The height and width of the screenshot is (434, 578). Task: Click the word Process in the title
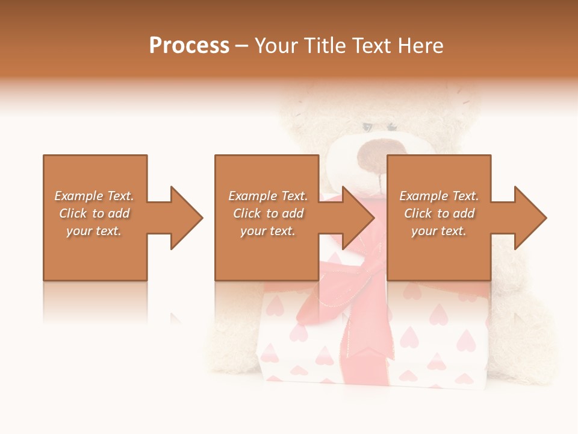[189, 46]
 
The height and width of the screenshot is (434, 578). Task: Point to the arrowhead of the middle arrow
[358, 218]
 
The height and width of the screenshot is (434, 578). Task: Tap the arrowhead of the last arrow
[530, 218]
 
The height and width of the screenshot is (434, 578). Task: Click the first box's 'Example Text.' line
[95, 196]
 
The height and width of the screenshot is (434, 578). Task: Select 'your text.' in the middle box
[268, 231]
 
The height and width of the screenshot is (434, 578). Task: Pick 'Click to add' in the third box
[439, 213]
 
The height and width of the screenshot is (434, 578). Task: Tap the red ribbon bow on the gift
[355, 271]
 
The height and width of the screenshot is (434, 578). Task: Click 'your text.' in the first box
[95, 231]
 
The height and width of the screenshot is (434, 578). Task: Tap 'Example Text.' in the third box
[439, 196]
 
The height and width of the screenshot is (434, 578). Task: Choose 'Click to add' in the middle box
[268, 213]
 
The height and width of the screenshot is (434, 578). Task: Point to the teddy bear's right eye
[392, 127]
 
